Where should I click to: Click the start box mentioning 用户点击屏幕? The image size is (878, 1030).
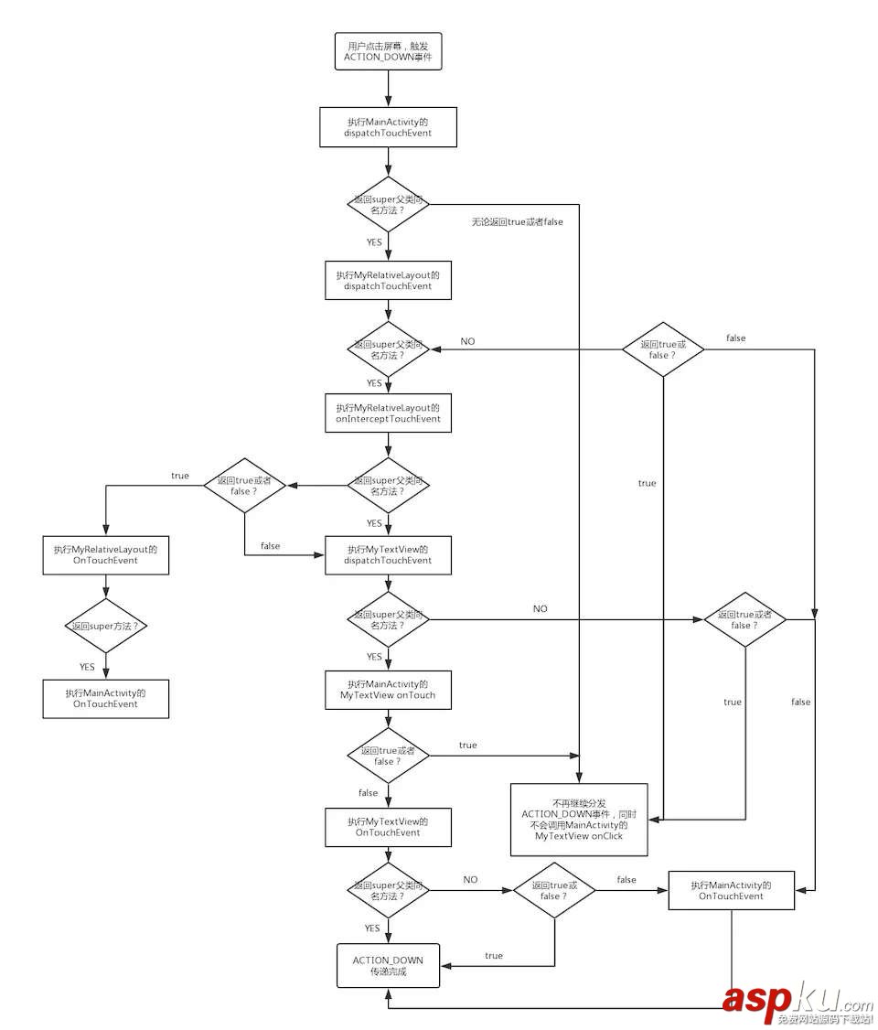388,51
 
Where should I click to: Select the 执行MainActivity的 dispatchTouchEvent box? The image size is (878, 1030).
388,126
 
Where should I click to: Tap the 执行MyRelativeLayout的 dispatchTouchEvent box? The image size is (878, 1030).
388,280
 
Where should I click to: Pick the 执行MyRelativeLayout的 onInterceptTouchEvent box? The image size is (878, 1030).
388,413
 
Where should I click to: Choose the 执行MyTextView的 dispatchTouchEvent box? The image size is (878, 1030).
388,554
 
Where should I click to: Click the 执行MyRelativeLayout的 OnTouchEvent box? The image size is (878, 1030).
106,554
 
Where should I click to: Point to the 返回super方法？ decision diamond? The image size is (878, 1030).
106,626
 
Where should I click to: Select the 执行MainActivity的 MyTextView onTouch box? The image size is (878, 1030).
388,689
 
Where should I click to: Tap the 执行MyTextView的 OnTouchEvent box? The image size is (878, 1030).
388,827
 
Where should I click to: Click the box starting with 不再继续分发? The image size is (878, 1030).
579,819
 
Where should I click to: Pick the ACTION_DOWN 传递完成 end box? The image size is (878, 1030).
388,965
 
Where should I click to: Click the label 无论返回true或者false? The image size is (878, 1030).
517,221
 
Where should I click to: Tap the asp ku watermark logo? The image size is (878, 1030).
796,1003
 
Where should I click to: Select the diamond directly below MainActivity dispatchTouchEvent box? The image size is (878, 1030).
388,204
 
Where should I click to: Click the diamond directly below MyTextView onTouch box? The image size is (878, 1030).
388,756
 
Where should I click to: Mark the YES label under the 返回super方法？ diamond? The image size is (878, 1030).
88,667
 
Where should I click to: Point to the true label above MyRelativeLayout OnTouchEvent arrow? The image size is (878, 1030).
180,476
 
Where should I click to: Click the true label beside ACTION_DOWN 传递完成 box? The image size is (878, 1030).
494,956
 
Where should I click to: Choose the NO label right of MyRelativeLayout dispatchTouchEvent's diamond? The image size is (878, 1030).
467,341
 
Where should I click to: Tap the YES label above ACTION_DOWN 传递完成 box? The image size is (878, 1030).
372,928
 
